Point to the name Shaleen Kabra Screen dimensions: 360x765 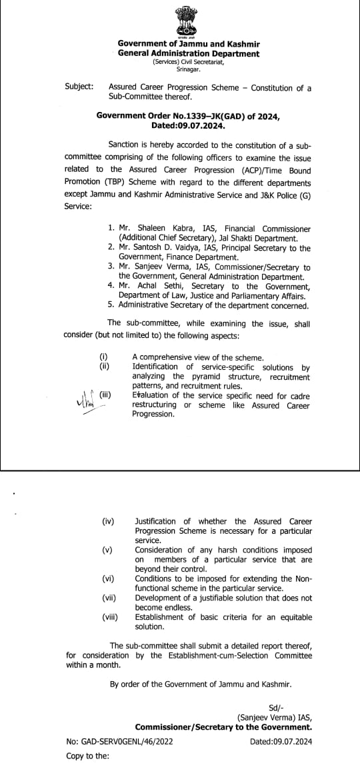click(156, 229)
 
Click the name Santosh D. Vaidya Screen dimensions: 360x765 click(163, 248)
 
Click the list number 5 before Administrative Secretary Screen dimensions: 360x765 click(111, 305)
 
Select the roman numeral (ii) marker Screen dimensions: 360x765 click(104, 367)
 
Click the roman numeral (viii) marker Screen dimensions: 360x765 click(110, 618)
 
